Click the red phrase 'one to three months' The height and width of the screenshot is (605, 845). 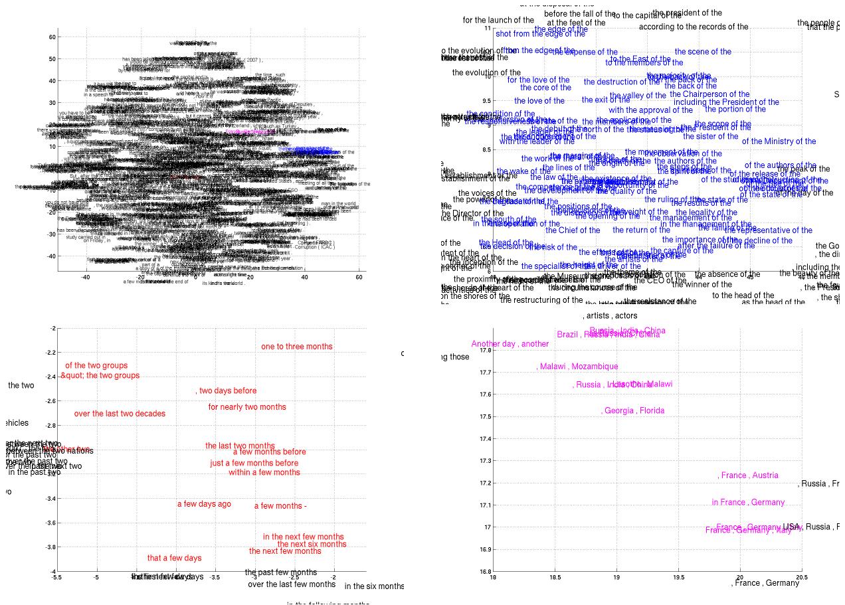click(x=296, y=347)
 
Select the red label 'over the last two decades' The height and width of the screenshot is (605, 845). click(x=120, y=414)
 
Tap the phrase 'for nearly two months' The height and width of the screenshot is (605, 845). click(x=247, y=407)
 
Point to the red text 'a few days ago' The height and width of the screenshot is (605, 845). click(x=204, y=504)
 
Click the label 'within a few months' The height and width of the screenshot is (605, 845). click(x=264, y=473)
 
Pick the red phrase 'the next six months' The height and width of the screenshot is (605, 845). click(x=312, y=545)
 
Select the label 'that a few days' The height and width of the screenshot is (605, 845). click(x=174, y=559)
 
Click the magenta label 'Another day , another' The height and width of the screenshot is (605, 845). click(x=510, y=344)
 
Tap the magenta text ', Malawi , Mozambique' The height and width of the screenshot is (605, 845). click(x=577, y=367)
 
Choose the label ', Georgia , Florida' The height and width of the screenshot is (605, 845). click(x=632, y=411)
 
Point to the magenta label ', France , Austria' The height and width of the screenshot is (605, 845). click(x=748, y=475)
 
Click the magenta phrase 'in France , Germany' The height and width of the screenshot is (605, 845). click(x=748, y=503)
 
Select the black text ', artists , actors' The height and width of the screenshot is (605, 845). click(x=610, y=316)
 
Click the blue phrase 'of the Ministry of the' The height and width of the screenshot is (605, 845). click(x=779, y=141)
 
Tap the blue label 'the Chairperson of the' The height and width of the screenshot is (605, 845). click(x=709, y=94)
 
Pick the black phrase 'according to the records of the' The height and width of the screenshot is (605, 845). click(x=694, y=27)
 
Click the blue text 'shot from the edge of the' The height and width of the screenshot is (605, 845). click(x=540, y=34)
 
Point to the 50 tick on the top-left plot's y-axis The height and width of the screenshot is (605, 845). click(x=52, y=59)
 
